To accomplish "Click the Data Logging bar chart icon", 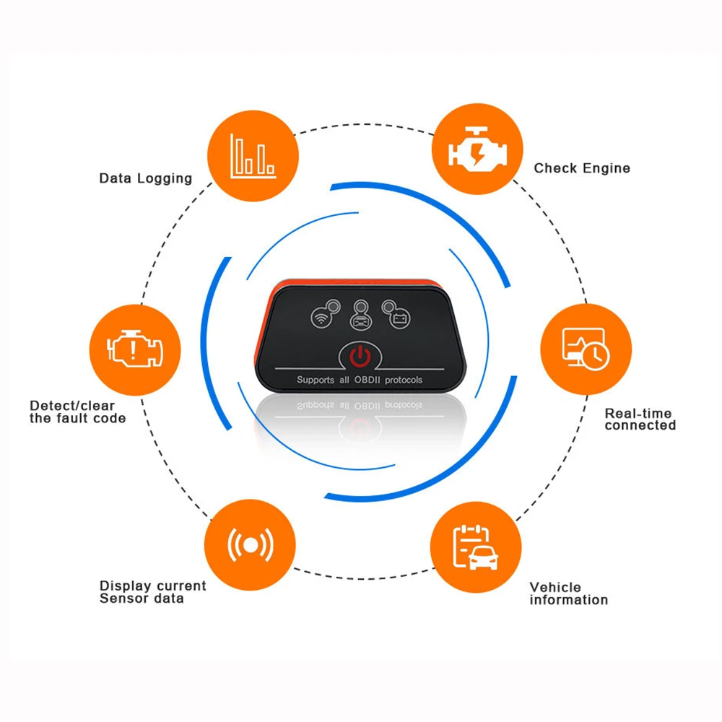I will click(x=253, y=155).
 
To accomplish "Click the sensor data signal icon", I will click(x=250, y=546).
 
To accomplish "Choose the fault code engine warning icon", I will click(x=134, y=349).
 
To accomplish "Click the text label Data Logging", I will click(x=145, y=178).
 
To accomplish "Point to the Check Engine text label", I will click(x=582, y=168).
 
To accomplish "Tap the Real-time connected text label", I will click(x=640, y=419).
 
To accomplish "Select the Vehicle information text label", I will click(x=568, y=593).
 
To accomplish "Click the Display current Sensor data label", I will click(x=152, y=592).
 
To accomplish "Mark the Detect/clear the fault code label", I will click(x=77, y=412).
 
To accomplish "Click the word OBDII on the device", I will click(x=367, y=380).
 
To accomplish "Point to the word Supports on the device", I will click(x=316, y=380).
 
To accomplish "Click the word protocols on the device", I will click(x=404, y=380).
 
